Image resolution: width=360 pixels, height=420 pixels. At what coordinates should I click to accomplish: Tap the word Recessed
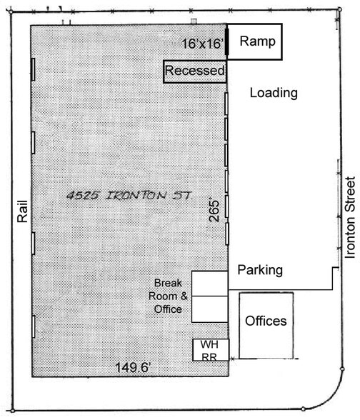point(195,71)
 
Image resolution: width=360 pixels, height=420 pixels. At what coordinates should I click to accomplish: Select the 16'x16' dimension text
point(203,44)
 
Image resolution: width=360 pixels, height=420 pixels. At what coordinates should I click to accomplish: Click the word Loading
point(274,93)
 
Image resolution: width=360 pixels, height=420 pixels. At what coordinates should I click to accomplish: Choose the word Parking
point(260,270)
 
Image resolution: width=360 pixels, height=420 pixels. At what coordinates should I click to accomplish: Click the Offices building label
point(266,321)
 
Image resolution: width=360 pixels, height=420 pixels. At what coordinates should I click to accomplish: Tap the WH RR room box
point(210,349)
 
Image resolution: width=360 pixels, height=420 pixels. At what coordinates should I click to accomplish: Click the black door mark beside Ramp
point(227,41)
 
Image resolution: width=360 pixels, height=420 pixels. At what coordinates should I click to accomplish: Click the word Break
point(169,283)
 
